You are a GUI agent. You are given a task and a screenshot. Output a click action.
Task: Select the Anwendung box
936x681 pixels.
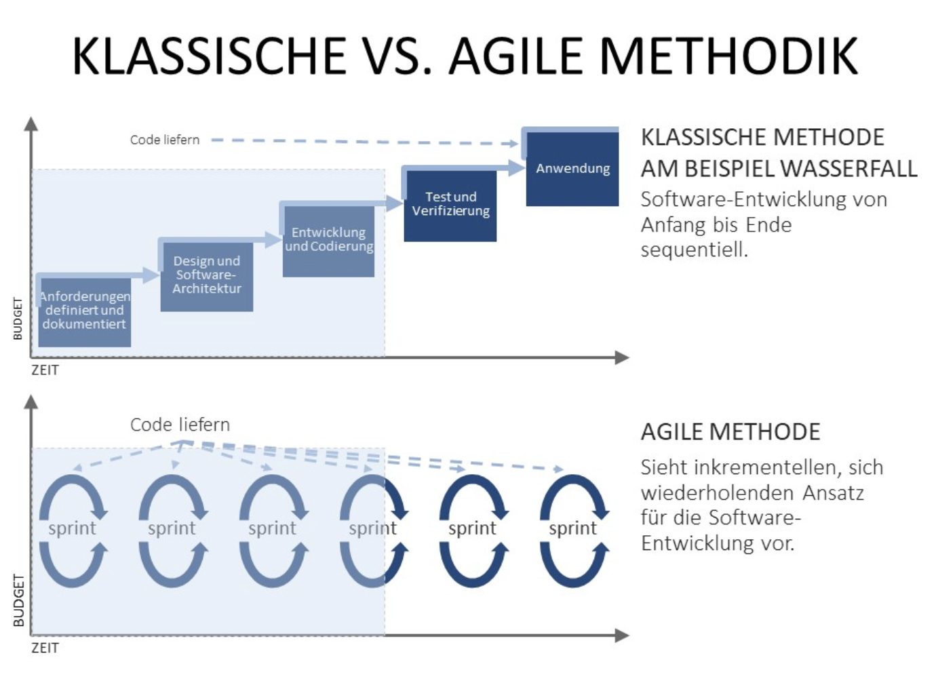572,168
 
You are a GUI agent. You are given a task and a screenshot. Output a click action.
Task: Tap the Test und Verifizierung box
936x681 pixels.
450,205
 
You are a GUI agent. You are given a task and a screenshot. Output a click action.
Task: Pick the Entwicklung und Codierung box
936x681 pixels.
328,240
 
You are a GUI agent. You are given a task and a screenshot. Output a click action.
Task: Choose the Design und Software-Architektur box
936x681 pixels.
207,275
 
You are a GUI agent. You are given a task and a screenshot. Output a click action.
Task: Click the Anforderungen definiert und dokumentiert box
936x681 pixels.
84,311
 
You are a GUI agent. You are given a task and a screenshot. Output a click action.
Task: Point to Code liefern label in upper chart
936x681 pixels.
165,140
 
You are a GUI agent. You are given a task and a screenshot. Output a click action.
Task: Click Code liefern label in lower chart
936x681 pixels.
180,425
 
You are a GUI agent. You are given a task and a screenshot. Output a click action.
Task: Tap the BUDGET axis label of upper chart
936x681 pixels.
18,319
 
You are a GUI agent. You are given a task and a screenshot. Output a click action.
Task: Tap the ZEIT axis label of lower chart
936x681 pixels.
45,648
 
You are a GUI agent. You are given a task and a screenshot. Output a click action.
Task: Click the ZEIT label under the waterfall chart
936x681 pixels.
45,370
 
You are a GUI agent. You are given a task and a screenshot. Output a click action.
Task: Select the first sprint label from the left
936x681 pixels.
72,528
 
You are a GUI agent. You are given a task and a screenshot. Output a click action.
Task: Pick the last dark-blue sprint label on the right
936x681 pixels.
572,528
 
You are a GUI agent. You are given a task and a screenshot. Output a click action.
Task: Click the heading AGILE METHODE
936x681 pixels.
730,432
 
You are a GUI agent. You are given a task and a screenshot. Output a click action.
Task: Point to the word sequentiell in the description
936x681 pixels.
694,250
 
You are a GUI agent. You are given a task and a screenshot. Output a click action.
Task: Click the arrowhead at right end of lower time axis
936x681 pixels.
622,636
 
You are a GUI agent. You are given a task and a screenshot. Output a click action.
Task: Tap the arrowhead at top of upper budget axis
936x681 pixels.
31,123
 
